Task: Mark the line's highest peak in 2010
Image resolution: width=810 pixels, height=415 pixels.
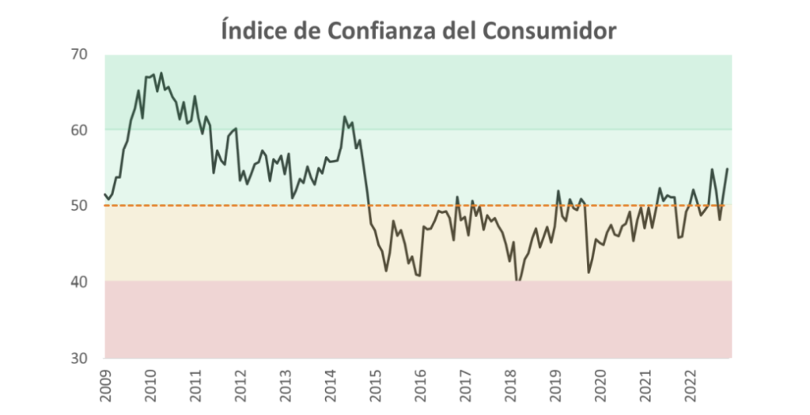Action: click(161, 74)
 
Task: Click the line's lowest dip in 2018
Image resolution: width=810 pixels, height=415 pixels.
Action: click(518, 281)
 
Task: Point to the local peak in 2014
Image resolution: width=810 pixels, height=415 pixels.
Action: click(344, 117)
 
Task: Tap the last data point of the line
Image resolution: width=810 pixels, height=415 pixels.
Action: click(727, 169)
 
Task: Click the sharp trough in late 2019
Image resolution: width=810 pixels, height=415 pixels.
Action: click(589, 272)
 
